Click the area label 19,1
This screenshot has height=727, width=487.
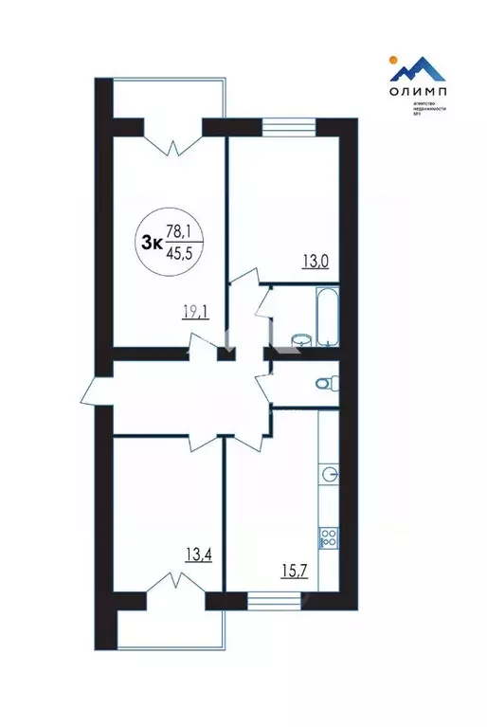(195, 309)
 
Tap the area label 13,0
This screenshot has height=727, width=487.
(315, 262)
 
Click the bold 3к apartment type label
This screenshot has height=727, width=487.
(150, 241)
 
